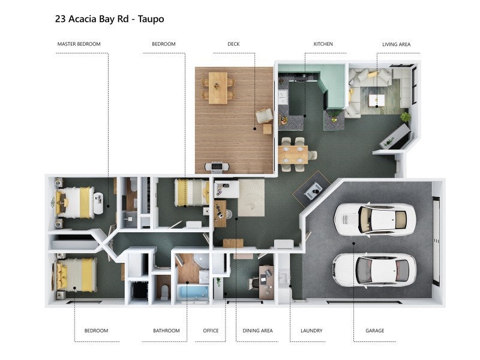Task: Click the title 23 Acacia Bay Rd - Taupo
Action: [x=109, y=19]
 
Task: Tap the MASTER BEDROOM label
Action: [x=79, y=44]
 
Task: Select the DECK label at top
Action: [x=233, y=44]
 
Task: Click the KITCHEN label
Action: [x=323, y=44]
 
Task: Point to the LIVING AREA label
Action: [x=396, y=44]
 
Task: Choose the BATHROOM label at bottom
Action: [x=166, y=331]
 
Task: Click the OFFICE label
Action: [x=211, y=331]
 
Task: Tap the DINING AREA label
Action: [x=257, y=331]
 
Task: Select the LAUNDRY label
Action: [x=311, y=331]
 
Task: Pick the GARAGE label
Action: [x=374, y=331]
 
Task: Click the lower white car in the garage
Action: [x=374, y=269]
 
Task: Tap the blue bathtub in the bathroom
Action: [x=191, y=292]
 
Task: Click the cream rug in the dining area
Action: [x=251, y=197]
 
